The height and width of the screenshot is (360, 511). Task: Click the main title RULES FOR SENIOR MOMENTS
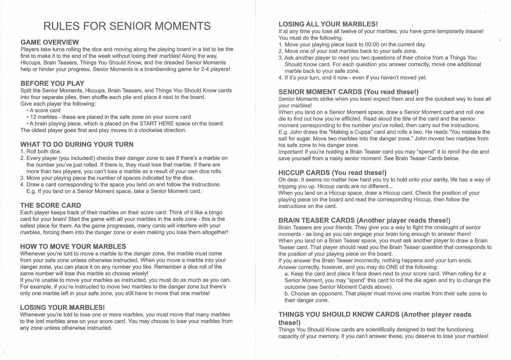[127, 26]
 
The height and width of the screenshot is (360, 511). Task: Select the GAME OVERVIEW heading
[50, 42]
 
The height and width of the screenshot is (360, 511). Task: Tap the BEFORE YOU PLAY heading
[52, 83]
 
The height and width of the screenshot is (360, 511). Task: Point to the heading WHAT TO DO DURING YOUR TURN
[77, 144]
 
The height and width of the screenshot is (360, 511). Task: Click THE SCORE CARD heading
[51, 205]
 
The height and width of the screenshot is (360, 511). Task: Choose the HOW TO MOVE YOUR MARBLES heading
[73, 246]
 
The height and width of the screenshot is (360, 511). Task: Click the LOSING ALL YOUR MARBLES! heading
[328, 24]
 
